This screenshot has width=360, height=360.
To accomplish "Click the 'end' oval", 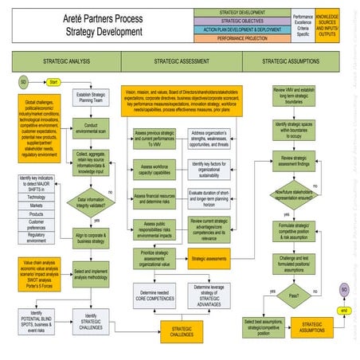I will coord(342,309).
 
